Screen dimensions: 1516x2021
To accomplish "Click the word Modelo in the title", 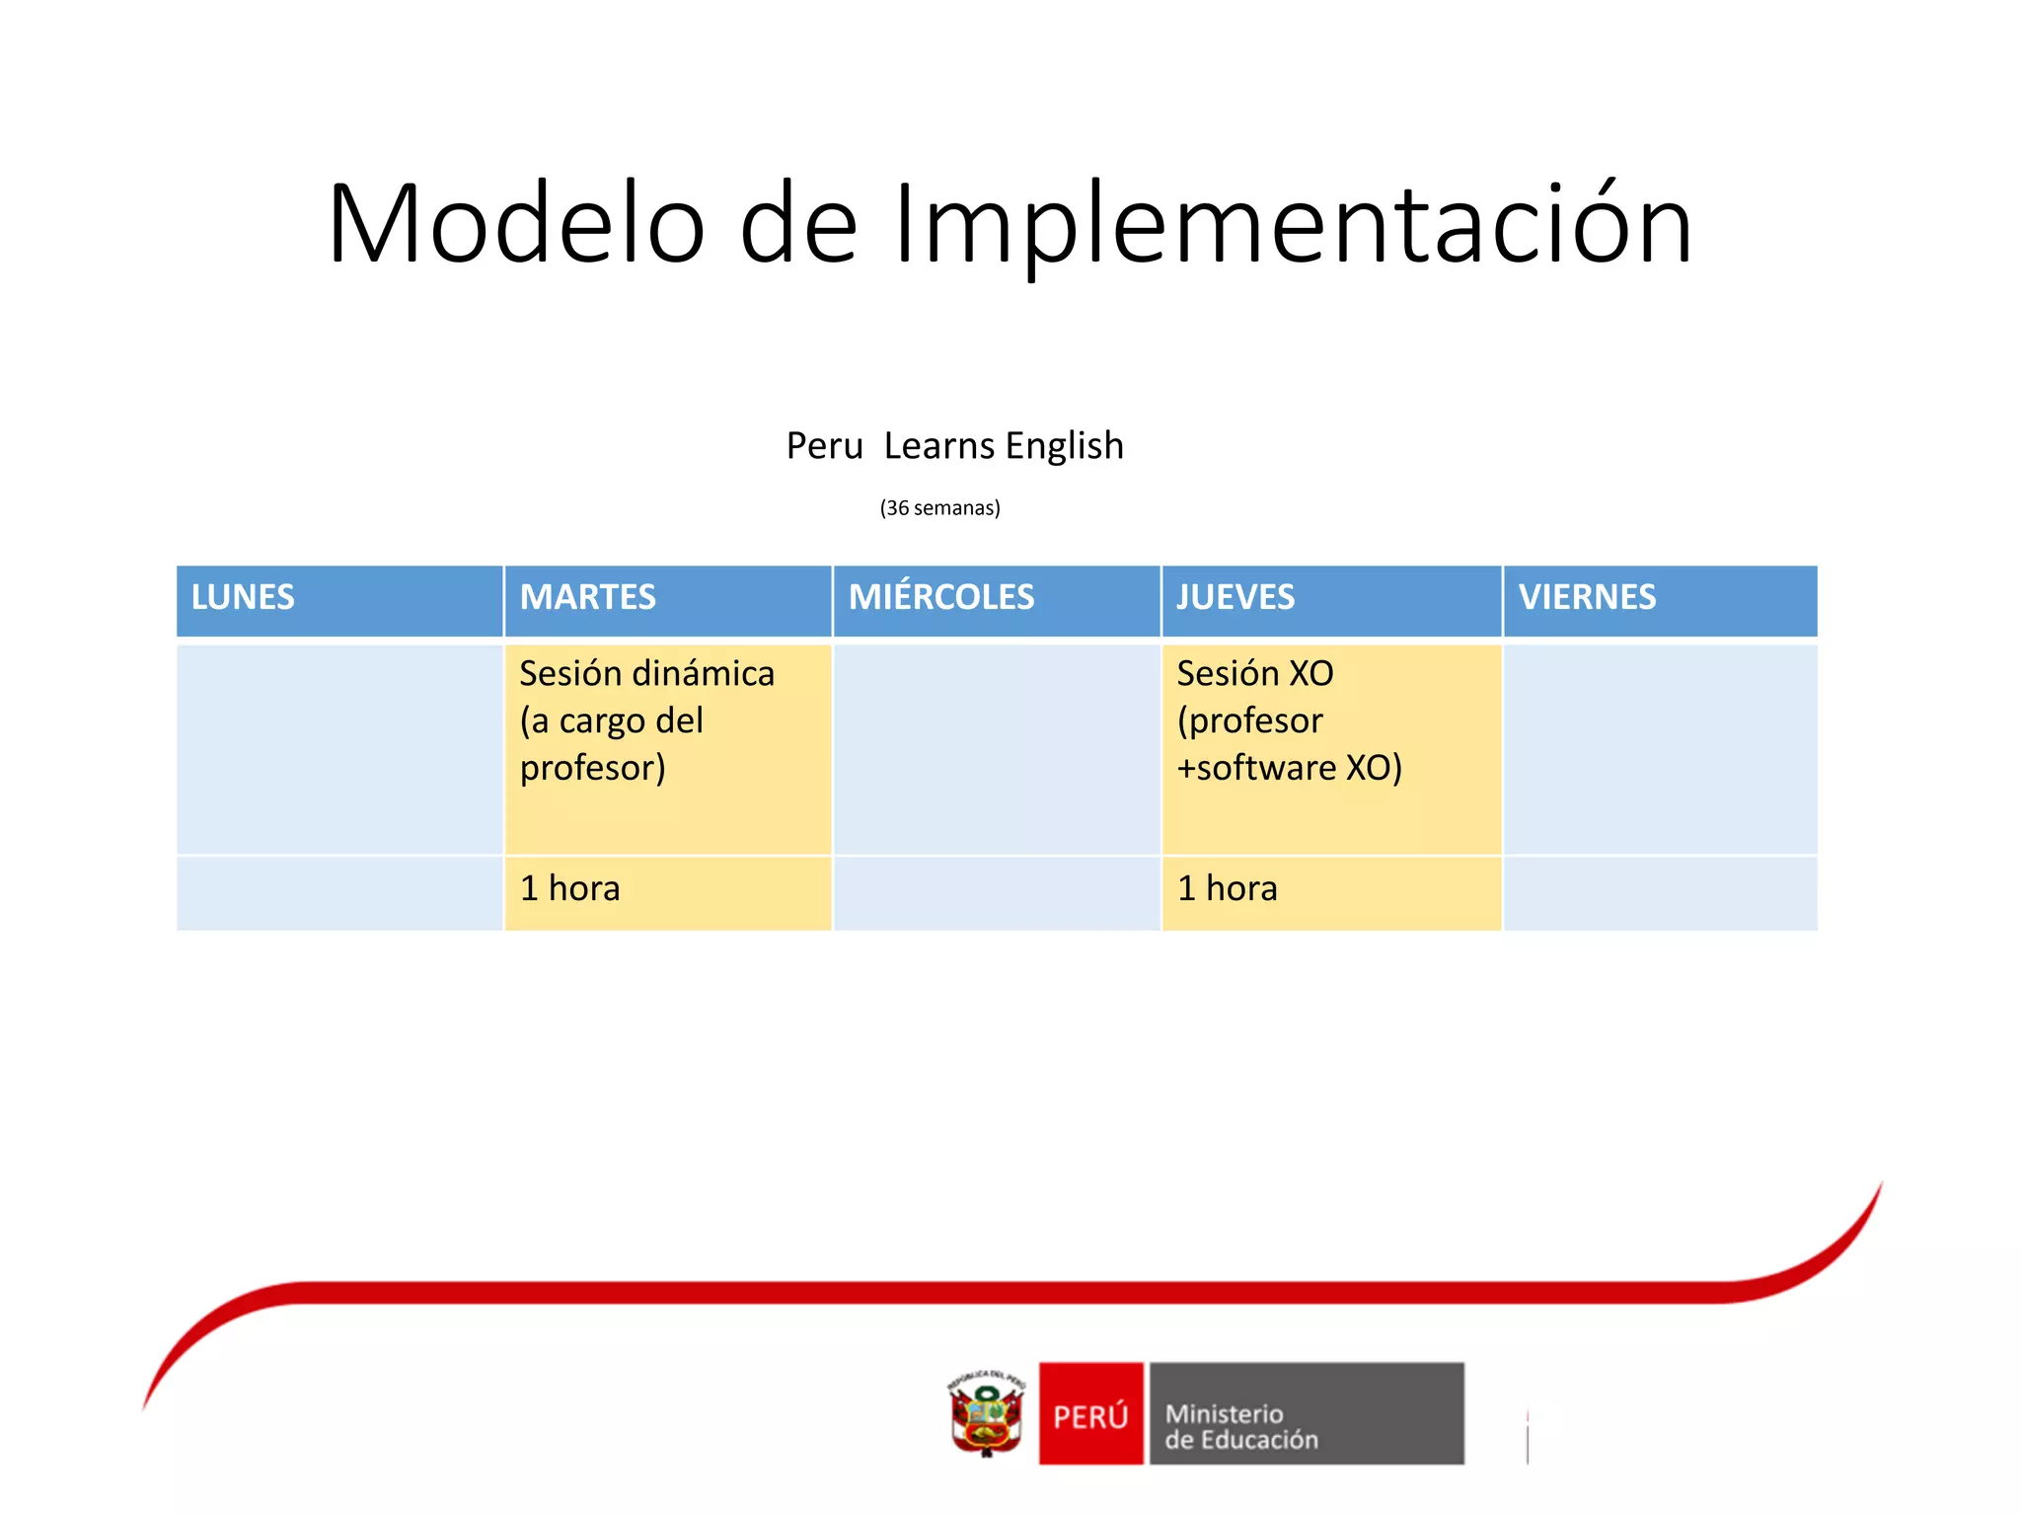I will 516,224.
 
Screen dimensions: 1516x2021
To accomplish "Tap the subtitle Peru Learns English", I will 954,445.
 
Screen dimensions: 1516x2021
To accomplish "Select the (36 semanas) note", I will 939,507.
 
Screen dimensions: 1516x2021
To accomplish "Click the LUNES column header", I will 243,597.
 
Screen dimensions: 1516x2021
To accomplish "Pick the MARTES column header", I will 587,597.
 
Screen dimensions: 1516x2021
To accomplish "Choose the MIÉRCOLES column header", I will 940,597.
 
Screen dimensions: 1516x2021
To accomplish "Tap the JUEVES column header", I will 1235,597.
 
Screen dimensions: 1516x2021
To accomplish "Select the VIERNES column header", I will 1586,597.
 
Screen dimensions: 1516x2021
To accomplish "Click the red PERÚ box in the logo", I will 1090,1413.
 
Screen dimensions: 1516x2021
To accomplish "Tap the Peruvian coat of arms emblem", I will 986,1414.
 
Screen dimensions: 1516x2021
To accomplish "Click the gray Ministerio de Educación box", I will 1306,1413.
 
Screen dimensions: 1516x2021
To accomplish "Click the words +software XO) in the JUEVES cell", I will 1288,768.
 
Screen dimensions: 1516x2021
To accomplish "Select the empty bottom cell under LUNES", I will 339,892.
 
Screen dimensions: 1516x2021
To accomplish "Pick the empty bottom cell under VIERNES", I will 1660,892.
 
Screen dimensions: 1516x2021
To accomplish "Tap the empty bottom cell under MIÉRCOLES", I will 996,892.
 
